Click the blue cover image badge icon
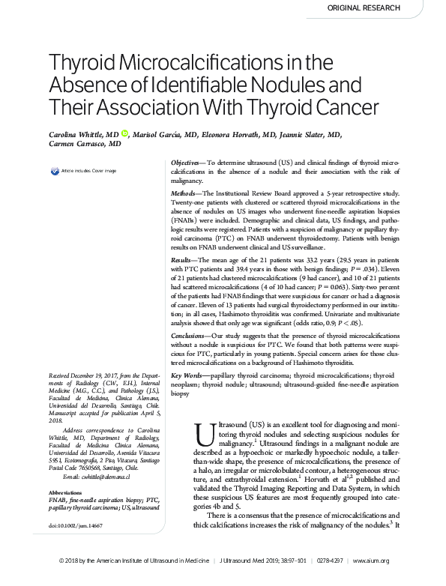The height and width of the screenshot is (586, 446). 54,172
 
